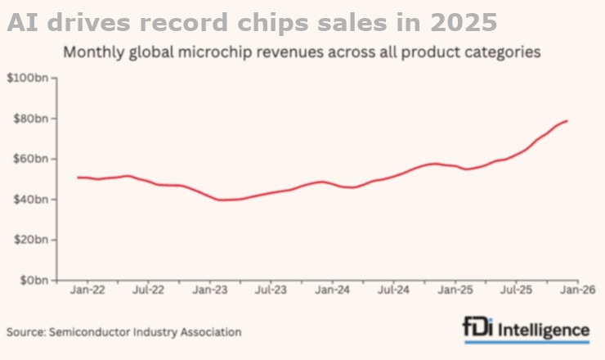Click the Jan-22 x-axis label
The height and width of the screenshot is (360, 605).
(x=86, y=290)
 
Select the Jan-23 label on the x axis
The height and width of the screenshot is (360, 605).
(x=209, y=290)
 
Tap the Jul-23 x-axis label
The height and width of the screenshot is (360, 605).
(x=271, y=290)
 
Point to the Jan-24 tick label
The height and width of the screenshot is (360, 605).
(x=332, y=290)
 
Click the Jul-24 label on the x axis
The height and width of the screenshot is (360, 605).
(x=393, y=290)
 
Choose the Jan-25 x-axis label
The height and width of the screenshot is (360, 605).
(x=455, y=290)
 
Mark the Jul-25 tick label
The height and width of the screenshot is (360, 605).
(x=516, y=290)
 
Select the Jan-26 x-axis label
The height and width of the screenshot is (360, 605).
(x=577, y=290)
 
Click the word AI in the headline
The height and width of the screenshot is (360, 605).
(x=23, y=20)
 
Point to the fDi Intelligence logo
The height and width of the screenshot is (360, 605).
(x=525, y=329)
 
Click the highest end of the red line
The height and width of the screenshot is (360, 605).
(x=567, y=121)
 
